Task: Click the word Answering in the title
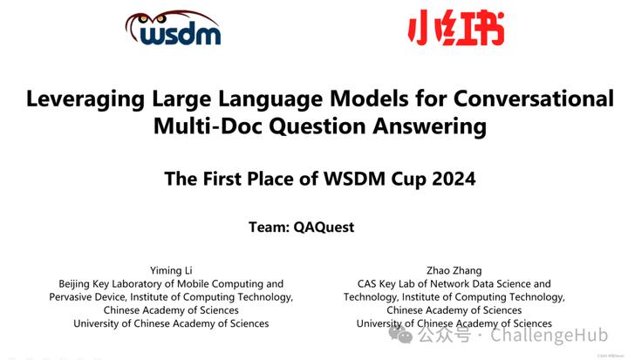click(x=431, y=126)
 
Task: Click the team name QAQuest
click(x=326, y=228)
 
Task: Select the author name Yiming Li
click(x=171, y=269)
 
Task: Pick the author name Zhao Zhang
click(x=454, y=269)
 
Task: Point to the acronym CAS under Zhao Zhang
click(x=369, y=283)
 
